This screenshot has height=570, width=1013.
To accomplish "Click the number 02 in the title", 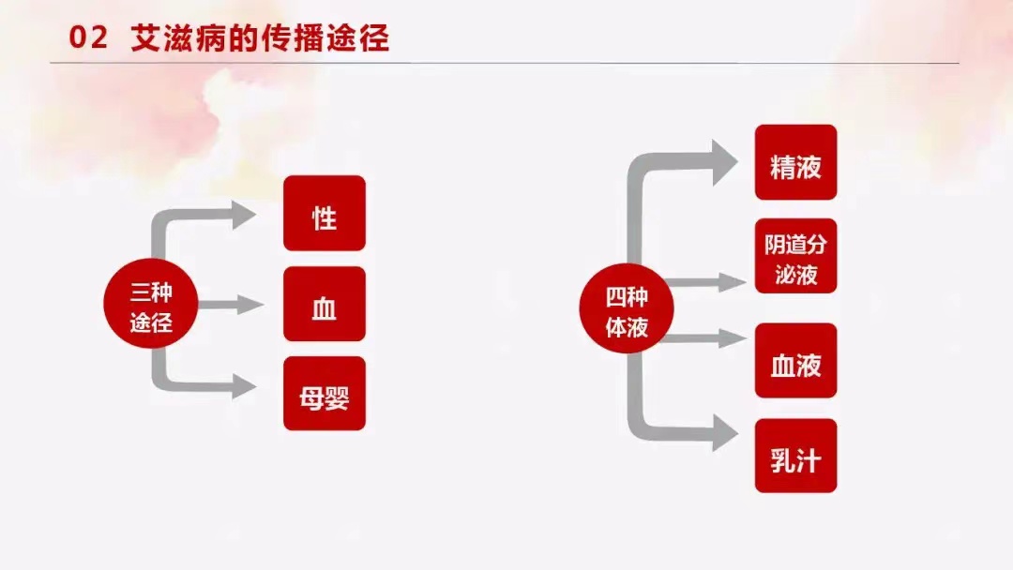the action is point(88,38).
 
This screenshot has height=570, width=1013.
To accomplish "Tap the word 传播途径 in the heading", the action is point(325,38).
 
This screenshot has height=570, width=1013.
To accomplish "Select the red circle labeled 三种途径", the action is point(150,303).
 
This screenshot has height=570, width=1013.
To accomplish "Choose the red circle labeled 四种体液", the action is point(626,307).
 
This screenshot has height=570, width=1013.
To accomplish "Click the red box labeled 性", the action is point(325,213).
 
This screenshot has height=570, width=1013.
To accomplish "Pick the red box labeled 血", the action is point(325,304).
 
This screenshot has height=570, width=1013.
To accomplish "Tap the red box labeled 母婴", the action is point(325,393).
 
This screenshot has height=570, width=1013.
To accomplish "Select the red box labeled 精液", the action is point(796,162).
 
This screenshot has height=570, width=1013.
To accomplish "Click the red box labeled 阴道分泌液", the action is point(796,256).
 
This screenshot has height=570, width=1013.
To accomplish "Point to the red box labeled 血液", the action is point(796,360).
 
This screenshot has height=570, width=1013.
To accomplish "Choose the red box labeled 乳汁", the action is point(796,456).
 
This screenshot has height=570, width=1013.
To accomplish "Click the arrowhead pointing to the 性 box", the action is point(244,215).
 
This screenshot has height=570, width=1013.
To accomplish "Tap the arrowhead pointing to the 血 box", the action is point(250,305).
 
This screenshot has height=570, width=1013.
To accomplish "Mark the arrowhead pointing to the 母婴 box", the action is point(244,386).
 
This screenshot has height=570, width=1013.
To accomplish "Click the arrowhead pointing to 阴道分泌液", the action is point(733,282).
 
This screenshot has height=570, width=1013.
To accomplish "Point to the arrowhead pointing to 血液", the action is point(733,338).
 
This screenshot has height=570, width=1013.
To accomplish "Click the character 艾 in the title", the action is point(146,38).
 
